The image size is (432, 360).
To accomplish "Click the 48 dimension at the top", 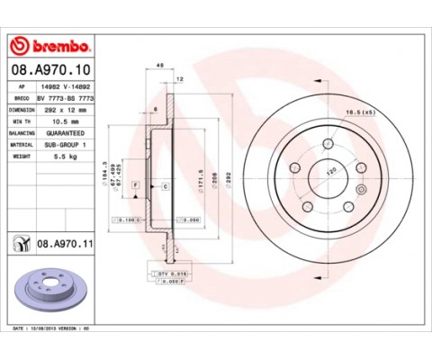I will [160, 65].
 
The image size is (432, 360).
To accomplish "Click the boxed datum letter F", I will [135, 185].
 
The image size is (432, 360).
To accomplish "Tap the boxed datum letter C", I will [166, 185].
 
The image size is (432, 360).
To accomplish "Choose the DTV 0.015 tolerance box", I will [166, 273].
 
